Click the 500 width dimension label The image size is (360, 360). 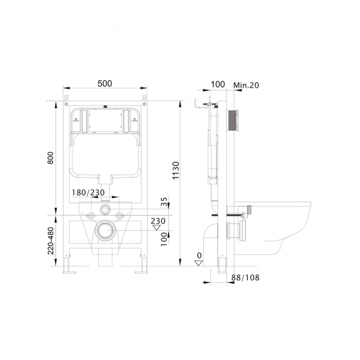point(105,84)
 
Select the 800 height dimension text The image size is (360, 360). point(50,158)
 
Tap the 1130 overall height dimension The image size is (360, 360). point(176,171)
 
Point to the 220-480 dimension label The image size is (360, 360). point(50,241)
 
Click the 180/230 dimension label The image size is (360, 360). point(88,192)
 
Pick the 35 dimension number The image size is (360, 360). point(164,202)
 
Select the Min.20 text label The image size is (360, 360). point(246,85)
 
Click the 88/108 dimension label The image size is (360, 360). point(245,277)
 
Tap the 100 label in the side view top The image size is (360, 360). point(218,84)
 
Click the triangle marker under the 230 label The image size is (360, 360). point(157,228)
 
